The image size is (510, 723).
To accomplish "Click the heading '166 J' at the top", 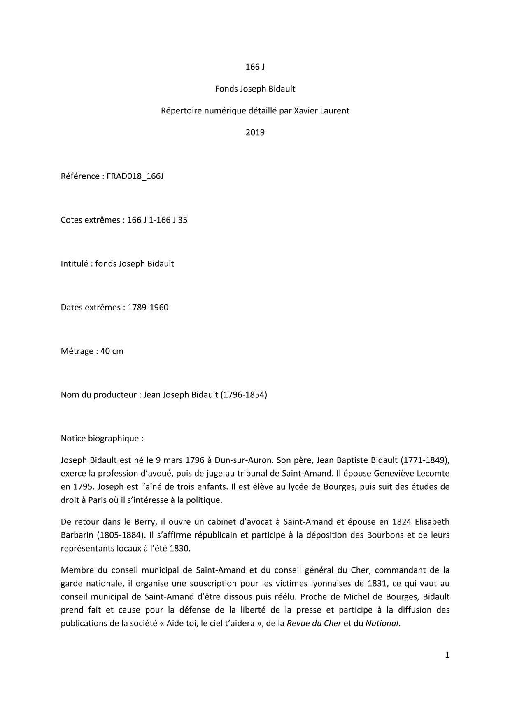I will point(255,67).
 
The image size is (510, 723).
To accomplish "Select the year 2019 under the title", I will point(255,132).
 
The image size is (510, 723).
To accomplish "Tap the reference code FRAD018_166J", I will point(135,176).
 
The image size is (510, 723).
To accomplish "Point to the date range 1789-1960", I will point(148,308).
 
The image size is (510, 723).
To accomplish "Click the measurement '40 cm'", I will point(112,351).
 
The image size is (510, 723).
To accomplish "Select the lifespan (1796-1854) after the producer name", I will point(244,395).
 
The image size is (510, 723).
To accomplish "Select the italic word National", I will point(382,623).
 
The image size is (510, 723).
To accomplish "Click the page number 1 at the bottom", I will point(447,655).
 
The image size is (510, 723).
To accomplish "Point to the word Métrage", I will point(77,351).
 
